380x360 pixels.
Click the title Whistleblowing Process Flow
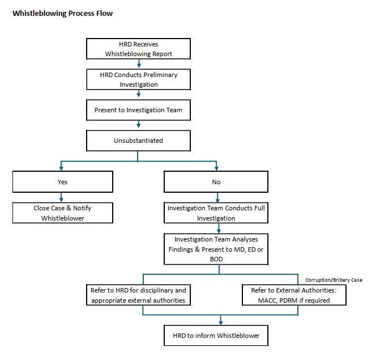tap(62, 14)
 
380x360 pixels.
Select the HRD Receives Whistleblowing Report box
tap(139, 49)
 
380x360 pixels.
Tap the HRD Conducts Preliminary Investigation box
tap(139, 79)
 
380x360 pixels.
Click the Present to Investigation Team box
tap(139, 110)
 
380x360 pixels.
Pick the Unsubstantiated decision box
tap(139, 140)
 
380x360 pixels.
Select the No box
tap(216, 182)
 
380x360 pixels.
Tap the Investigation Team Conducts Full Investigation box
tap(216, 213)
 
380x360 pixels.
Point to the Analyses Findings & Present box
tap(216, 248)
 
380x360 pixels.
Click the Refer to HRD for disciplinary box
tap(139, 295)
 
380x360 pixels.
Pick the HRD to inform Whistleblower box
tap(216, 336)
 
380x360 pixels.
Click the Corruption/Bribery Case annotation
tap(334, 280)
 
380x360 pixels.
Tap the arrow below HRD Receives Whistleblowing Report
tap(139, 64)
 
